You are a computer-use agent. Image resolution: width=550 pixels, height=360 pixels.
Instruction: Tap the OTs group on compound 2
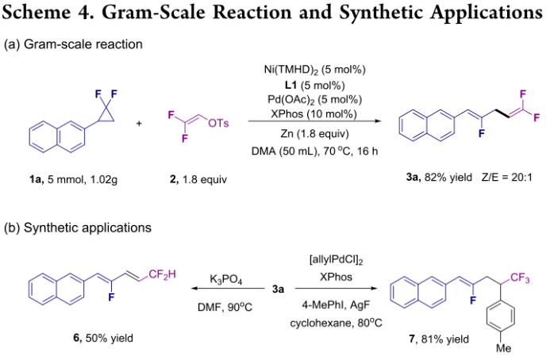tap(218, 121)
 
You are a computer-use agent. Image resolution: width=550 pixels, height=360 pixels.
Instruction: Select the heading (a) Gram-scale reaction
tap(73, 44)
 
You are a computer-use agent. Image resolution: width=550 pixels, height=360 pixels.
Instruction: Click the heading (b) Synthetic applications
tap(87, 228)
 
